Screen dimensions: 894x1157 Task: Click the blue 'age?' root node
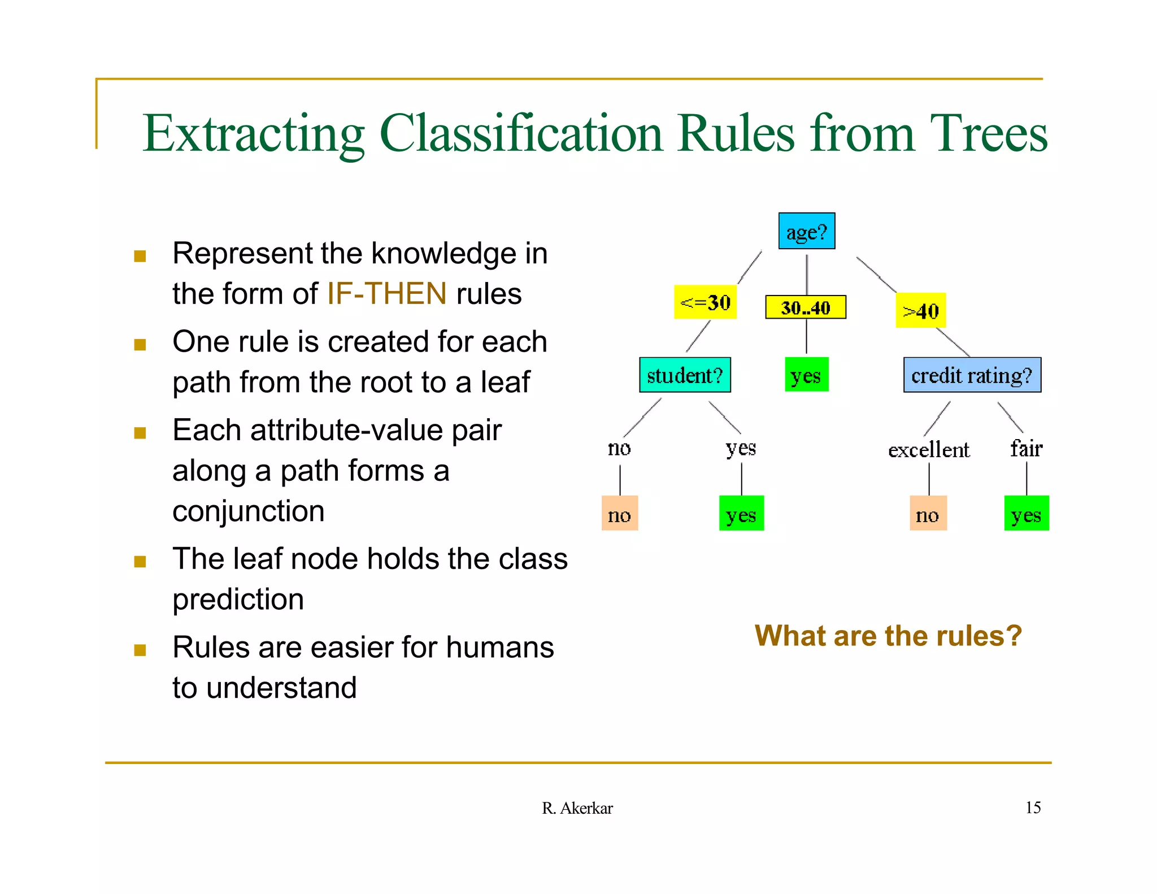click(x=806, y=231)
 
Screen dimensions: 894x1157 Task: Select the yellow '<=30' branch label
click(x=705, y=302)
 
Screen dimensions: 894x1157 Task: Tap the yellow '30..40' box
click(x=806, y=307)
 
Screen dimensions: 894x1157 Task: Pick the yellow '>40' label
click(x=920, y=310)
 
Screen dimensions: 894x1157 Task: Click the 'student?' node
click(x=685, y=375)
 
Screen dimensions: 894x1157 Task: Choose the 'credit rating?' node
click(x=972, y=375)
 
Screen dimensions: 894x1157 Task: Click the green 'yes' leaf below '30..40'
click(x=806, y=375)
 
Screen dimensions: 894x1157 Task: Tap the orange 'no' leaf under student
click(x=619, y=514)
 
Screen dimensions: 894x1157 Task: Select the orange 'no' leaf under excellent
click(x=928, y=514)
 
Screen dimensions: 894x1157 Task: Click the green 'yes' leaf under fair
click(x=1026, y=514)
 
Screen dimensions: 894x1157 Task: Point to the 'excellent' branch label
click(x=928, y=450)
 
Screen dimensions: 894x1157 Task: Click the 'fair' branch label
click(x=1026, y=449)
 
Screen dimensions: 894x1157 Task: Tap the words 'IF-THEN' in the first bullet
click(x=387, y=294)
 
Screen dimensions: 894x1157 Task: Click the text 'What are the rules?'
click(x=888, y=636)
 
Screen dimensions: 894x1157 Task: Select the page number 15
click(x=1033, y=808)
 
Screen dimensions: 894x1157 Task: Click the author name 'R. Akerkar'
click(x=577, y=808)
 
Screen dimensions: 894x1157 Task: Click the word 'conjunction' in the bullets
click(x=249, y=511)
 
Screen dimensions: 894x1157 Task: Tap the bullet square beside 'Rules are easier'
click(x=140, y=650)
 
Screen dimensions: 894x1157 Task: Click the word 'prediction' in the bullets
click(x=238, y=600)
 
